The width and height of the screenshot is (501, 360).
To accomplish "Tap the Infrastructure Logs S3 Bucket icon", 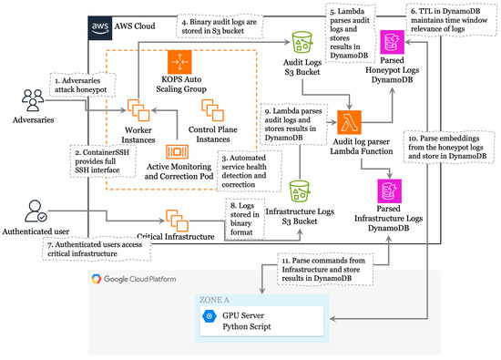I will coord(301,190).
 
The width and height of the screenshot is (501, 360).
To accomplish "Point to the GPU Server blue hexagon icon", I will coord(210,314).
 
